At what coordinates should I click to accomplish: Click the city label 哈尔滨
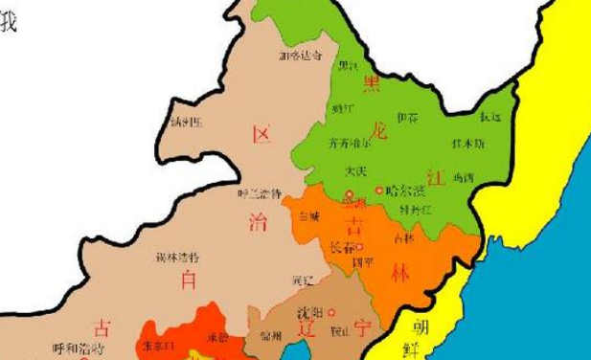405,191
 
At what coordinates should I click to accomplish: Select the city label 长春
339,246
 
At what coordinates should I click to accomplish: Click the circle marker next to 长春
359,246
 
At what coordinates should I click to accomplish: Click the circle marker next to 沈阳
331,312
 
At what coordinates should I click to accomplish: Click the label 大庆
355,171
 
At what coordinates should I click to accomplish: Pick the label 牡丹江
416,208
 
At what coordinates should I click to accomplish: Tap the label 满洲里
186,123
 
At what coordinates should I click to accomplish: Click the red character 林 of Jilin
400,274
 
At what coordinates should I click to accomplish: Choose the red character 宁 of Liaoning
363,328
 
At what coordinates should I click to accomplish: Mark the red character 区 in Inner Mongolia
260,134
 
